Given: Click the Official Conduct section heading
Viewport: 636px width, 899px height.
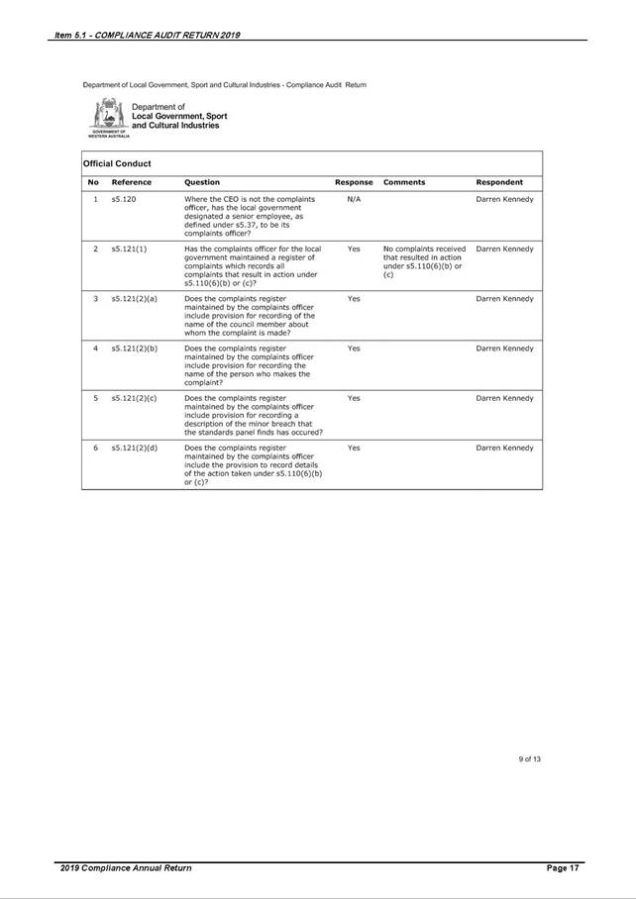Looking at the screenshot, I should coord(117,162).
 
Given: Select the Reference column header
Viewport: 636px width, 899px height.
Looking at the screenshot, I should coord(131,182).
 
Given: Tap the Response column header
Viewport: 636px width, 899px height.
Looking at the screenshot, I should coord(354,182).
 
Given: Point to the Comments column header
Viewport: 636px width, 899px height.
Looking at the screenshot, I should coord(404,182).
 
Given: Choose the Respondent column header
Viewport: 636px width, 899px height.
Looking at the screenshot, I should coord(499,182).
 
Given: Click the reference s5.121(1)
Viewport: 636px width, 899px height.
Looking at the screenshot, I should coord(129,249).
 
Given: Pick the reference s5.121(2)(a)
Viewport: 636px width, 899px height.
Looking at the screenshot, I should coord(134,298).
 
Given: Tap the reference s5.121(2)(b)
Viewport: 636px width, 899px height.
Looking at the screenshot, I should coord(134,349).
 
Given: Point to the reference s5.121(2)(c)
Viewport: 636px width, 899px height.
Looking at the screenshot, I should coord(134,398).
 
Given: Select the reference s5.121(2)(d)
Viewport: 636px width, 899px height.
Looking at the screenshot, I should coord(134,448).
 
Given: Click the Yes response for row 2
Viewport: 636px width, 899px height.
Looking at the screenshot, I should coord(354,249).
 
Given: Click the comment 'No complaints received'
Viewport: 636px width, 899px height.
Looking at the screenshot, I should coord(424,249).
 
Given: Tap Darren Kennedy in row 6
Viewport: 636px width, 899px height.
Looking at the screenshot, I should coord(504,448).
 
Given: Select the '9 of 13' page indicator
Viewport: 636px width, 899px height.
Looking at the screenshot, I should coord(529,758).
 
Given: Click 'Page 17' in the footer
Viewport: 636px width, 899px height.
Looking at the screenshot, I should coord(562,868).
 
